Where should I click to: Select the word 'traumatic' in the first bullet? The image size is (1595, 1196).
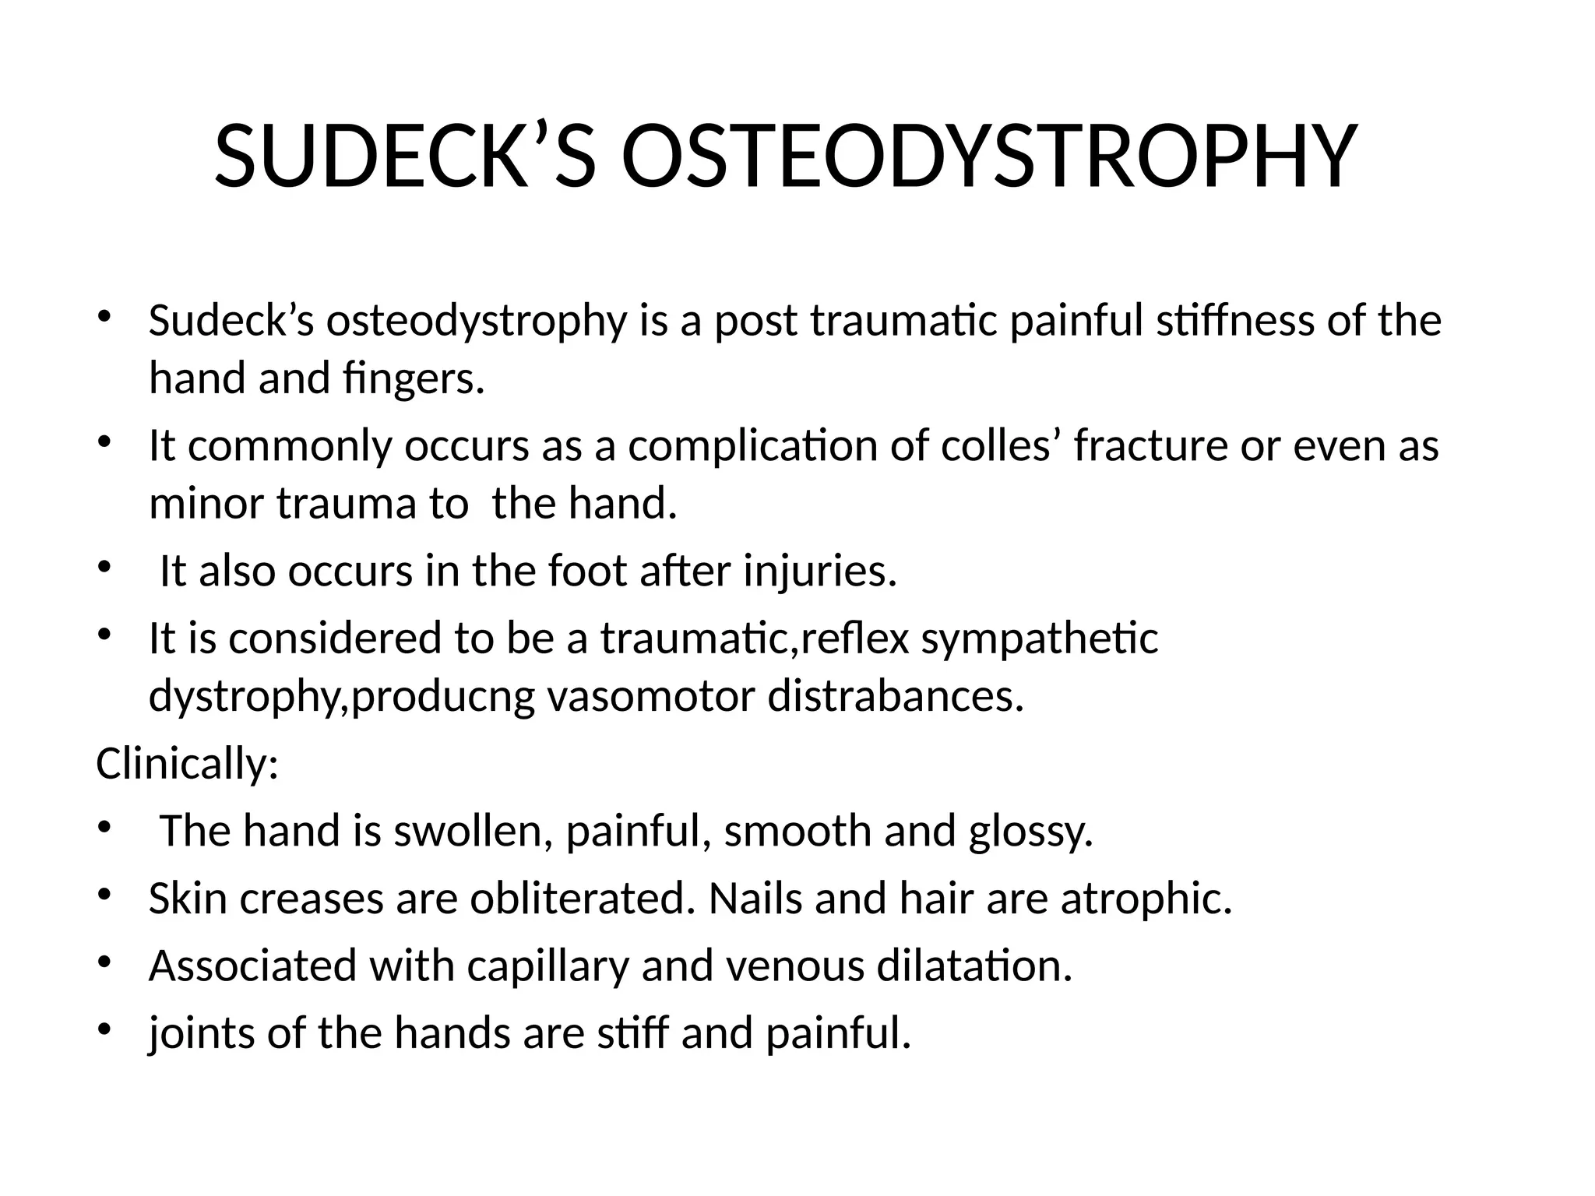pyautogui.click(x=903, y=321)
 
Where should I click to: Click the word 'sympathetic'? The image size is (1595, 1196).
pyautogui.click(x=1040, y=638)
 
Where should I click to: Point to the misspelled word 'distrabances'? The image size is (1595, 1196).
pyautogui.click(x=896, y=696)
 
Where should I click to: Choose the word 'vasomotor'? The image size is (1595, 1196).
pyautogui.click(x=651, y=696)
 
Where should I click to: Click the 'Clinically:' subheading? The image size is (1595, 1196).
pyautogui.click(x=187, y=764)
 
